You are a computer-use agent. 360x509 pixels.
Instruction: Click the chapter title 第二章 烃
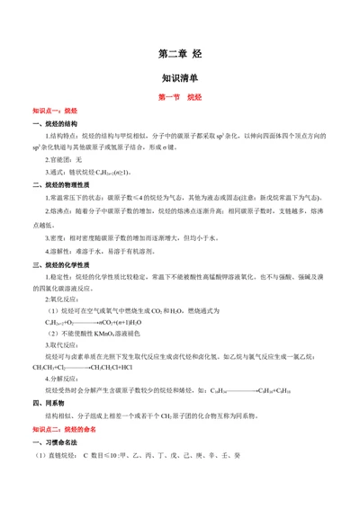tap(179, 54)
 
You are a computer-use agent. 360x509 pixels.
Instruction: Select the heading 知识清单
tap(179, 77)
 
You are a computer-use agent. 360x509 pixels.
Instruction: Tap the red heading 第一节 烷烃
tap(179, 96)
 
